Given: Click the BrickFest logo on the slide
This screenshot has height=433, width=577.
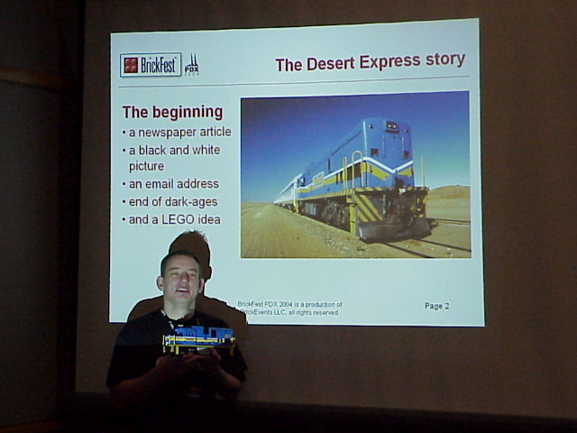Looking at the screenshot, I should click(x=151, y=65).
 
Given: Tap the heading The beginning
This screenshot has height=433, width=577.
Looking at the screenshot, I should click(x=172, y=113).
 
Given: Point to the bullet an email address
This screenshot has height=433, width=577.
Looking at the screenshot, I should click(x=173, y=184).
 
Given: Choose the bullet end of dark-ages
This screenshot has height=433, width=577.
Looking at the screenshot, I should click(x=172, y=201).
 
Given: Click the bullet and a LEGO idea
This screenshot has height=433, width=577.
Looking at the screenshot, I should click(x=174, y=219).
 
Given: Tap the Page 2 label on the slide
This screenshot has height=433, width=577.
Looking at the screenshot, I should click(x=436, y=306).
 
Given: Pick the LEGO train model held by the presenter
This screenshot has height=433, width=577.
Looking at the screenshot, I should click(x=197, y=339).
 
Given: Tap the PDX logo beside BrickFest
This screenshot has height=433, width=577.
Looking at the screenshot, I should click(x=192, y=65).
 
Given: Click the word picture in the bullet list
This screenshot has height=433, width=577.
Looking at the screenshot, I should click(x=147, y=167).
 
